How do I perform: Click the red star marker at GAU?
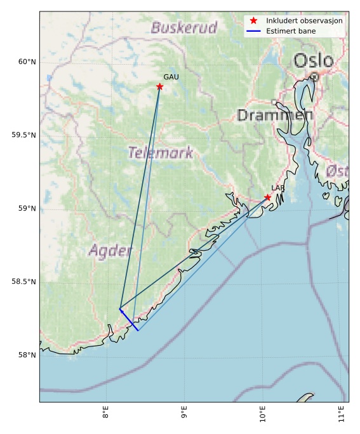pos(159,87)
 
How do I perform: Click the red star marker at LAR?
pos(268,197)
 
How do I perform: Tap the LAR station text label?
pos(278,188)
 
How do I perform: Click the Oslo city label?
pos(313,61)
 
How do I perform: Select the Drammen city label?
pos(275,115)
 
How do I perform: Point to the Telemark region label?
pos(160,153)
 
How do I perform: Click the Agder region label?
pos(110,251)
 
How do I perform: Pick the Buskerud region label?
pos(184,28)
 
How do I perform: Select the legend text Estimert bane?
pos(291,31)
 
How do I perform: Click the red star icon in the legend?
pos(253,21)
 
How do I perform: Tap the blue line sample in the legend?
pos(253,31)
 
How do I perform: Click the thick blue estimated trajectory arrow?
pos(129,319)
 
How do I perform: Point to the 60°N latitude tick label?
pos(25,62)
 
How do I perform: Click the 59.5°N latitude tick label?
pos(22,136)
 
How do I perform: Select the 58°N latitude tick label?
pos(25,355)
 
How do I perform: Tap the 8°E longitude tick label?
pos(106,413)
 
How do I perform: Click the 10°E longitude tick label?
pos(263,413)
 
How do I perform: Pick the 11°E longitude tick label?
pos(342,413)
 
